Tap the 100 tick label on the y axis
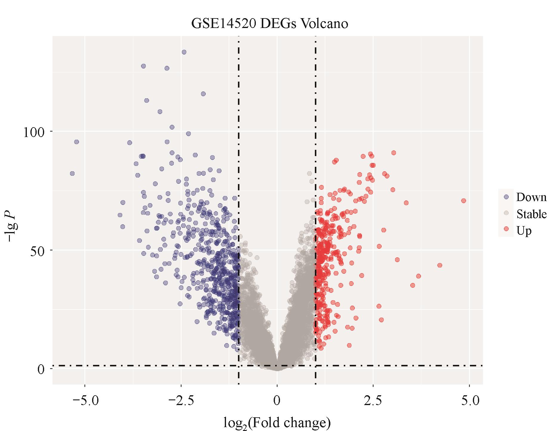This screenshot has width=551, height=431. [x=33, y=132]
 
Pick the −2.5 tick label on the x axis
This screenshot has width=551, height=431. [x=181, y=400]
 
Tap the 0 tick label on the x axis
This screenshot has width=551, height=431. [x=277, y=400]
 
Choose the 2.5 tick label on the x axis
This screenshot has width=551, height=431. [x=373, y=400]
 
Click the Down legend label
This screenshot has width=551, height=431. [x=531, y=197]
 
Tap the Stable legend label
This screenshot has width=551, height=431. [x=531, y=214]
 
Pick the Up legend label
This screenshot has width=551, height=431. [x=524, y=231]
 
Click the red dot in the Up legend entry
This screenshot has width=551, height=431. [x=506, y=229]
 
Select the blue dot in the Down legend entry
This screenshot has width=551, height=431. [x=506, y=197]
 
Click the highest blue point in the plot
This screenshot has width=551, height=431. [x=184, y=52]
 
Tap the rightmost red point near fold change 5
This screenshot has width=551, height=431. [x=463, y=201]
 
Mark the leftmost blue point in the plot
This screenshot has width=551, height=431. [x=72, y=173]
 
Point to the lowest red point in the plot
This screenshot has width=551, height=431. [x=349, y=345]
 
